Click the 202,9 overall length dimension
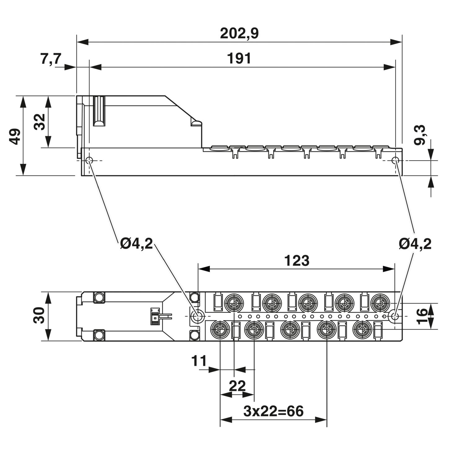tap(239, 34)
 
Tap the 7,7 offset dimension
tap(51, 59)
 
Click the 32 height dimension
tap(40, 122)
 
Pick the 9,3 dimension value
tap(420, 135)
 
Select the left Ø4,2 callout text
tap(137, 244)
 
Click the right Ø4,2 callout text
tap(415, 244)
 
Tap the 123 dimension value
tap(297, 261)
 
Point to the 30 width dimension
tap(39, 315)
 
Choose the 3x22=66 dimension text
tap(273, 411)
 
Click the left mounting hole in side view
tap(89, 161)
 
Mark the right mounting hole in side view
tap(395, 161)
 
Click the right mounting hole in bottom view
tap(395, 316)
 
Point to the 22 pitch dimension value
tap(237, 386)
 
